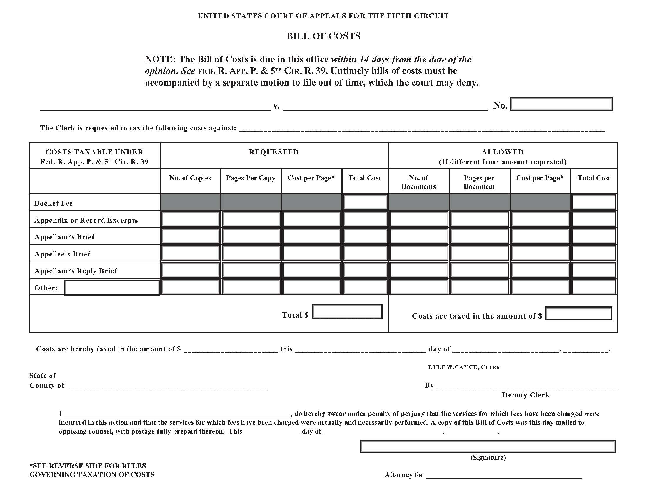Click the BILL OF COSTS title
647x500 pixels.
[x=323, y=36]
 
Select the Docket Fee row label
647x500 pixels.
[x=54, y=203]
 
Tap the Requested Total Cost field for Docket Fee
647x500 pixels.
[x=365, y=202]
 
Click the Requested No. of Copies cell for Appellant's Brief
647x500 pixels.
[x=191, y=236]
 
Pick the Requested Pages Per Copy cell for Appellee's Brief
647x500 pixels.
[x=251, y=253]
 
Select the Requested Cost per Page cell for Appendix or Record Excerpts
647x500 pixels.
[x=311, y=219]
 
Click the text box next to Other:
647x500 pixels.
[x=112, y=288]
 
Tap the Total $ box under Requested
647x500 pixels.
[x=347, y=311]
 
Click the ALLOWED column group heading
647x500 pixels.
[x=502, y=152]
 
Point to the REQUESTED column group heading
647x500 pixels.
[x=274, y=152]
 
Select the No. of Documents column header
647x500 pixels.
[x=418, y=182]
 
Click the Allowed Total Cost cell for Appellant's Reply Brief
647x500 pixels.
[x=594, y=270]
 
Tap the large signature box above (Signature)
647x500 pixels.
[x=488, y=446]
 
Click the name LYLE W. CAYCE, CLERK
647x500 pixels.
[x=464, y=367]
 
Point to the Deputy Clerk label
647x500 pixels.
[x=526, y=395]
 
